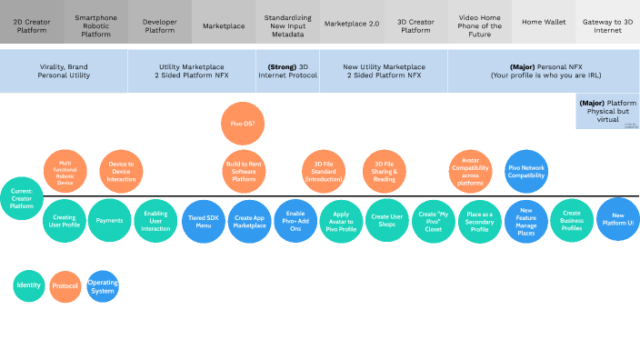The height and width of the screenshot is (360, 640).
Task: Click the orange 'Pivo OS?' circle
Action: (x=244, y=123)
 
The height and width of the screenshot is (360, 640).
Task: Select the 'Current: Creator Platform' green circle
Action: (x=21, y=198)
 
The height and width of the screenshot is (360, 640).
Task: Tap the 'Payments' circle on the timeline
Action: (x=110, y=221)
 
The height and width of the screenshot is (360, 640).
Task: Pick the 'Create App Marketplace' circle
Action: (x=249, y=221)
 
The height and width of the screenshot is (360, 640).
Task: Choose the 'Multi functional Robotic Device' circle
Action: (x=65, y=171)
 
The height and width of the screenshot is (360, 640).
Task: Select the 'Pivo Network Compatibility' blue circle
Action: (x=526, y=171)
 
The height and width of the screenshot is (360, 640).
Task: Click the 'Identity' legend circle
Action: (x=29, y=286)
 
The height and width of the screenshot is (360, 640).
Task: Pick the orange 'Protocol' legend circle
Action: (x=65, y=286)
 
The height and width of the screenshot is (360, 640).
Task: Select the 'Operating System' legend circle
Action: (x=102, y=286)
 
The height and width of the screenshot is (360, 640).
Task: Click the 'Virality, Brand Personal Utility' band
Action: (x=64, y=71)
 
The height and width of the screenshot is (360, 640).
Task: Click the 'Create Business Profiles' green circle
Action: (x=572, y=221)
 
